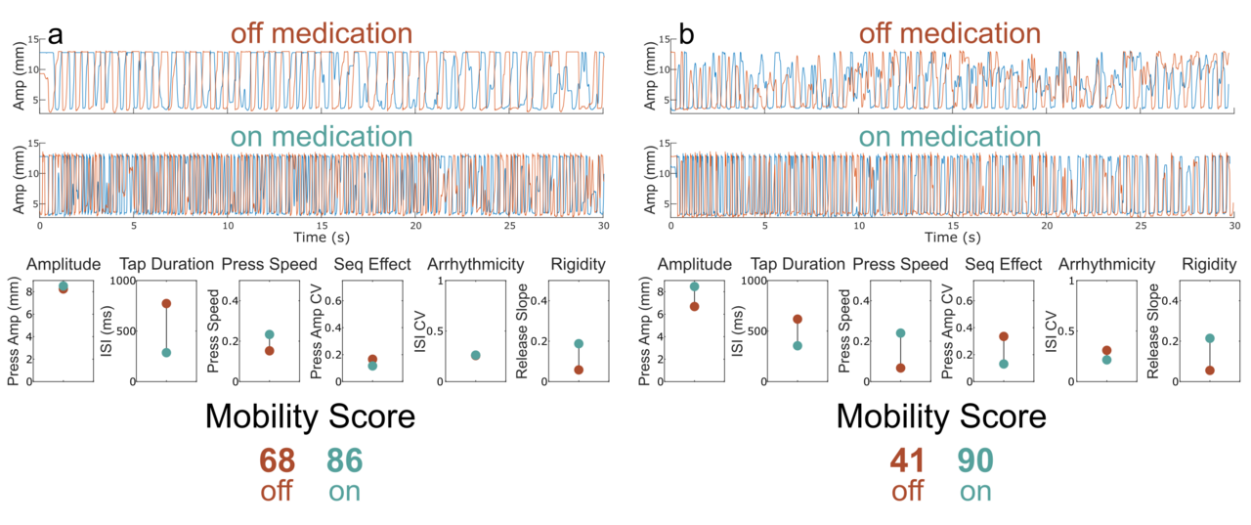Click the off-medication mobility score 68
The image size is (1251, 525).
(277, 460)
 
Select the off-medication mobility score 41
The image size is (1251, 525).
(907, 460)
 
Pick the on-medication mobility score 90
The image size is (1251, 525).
(974, 460)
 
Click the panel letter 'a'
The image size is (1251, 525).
(56, 34)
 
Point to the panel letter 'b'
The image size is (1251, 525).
(687, 34)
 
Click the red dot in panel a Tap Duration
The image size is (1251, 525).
(166, 303)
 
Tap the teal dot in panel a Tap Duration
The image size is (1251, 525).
(166, 352)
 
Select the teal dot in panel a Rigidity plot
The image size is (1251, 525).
(579, 344)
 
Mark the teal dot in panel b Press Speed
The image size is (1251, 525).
(900, 333)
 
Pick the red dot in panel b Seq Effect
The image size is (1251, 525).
(1003, 336)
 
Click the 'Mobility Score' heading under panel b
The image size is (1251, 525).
(941, 417)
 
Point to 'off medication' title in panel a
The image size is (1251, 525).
(321, 33)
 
